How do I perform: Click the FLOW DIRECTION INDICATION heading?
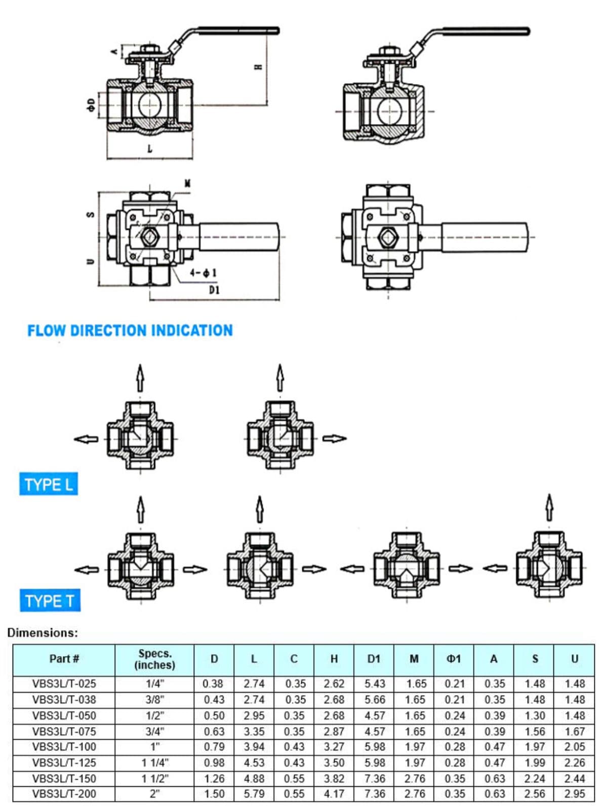click(130, 331)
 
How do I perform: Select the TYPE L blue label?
click(49, 484)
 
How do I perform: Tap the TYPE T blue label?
click(50, 601)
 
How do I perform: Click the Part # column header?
click(64, 659)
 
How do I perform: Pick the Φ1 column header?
click(454, 659)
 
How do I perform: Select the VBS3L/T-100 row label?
click(64, 747)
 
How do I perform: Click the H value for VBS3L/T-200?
click(334, 793)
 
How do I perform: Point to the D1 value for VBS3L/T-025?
click(374, 683)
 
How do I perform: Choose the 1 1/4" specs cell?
click(154, 762)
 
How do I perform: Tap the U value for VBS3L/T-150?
click(574, 778)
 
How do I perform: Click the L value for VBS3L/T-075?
click(254, 731)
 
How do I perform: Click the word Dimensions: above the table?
click(43, 632)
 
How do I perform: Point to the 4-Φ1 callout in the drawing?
click(203, 273)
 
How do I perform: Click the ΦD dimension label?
click(91, 105)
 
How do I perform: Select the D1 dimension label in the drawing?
click(214, 290)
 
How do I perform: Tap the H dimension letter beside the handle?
click(258, 66)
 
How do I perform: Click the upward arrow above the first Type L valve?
click(140, 377)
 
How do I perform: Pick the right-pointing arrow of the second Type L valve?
click(334, 438)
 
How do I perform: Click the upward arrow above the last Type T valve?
click(549, 507)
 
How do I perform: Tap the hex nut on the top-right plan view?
click(388, 237)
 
